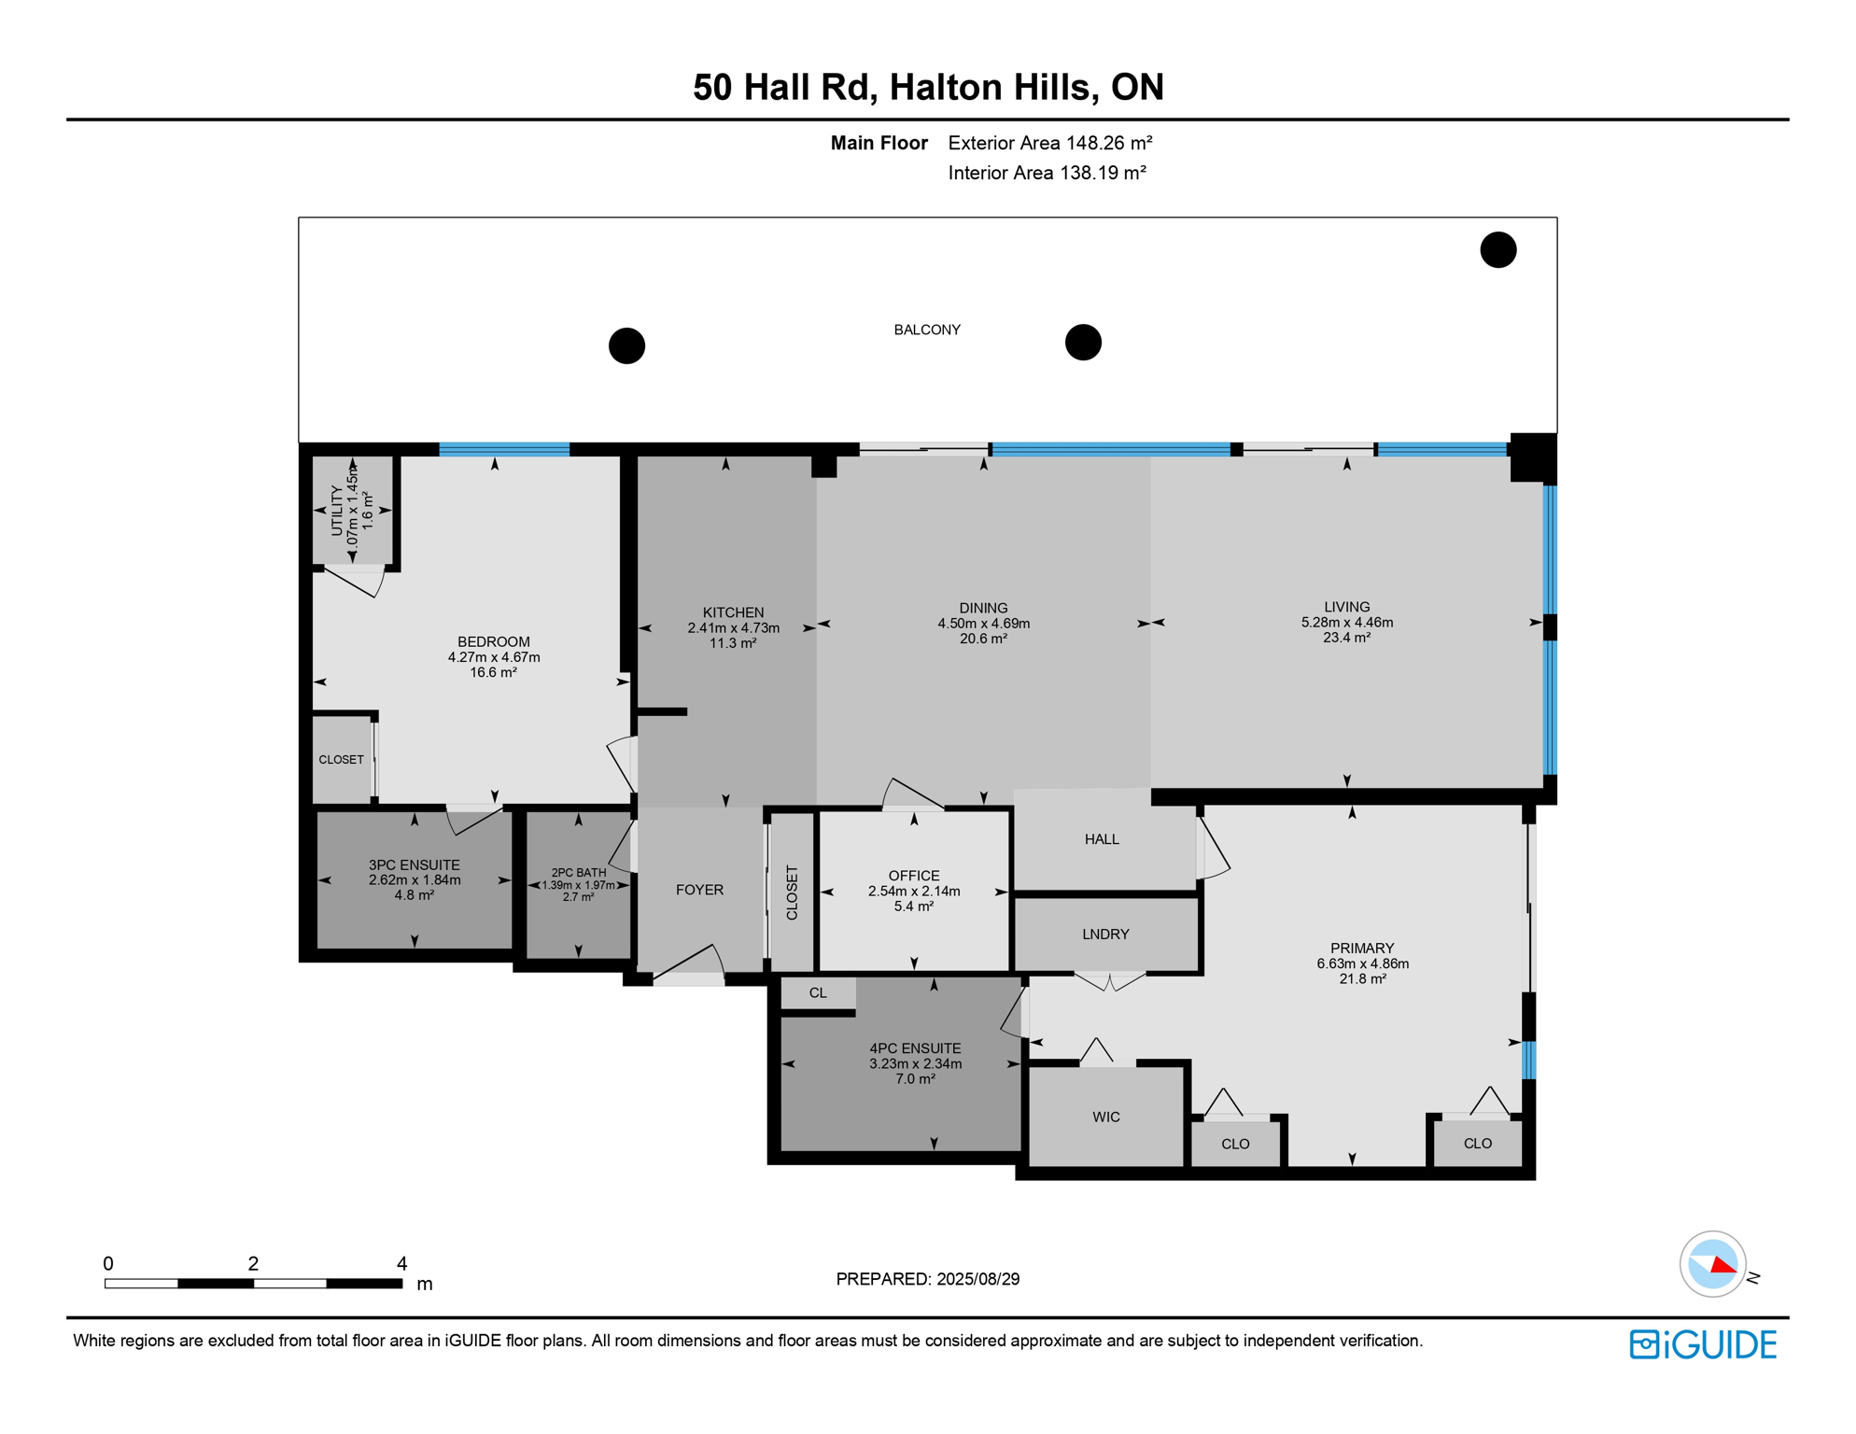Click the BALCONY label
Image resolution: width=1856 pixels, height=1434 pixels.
tap(927, 330)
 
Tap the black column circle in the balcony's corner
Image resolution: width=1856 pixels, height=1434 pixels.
tap(1498, 250)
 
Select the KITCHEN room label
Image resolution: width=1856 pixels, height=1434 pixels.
tap(733, 612)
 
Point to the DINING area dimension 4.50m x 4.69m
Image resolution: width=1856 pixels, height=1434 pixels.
tap(983, 624)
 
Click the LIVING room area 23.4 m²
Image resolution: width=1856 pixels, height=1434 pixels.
tap(1346, 638)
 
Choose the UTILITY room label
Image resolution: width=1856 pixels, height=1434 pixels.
tap(337, 511)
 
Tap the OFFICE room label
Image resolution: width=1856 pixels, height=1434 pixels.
tap(914, 876)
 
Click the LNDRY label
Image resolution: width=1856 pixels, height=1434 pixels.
tap(1105, 935)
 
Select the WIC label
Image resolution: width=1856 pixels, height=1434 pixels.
tap(1106, 1117)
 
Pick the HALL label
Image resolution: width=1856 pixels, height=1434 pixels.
tap(1102, 839)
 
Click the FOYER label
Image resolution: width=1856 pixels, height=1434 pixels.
tap(699, 890)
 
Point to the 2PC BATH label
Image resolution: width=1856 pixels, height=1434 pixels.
tap(579, 873)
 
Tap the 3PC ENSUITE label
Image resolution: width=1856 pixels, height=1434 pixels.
tap(415, 865)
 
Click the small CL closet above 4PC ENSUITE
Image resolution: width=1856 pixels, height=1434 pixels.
tap(818, 992)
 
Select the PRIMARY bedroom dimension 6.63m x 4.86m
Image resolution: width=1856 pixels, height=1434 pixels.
tap(1363, 963)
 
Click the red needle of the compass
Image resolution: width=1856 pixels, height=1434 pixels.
tap(1723, 1265)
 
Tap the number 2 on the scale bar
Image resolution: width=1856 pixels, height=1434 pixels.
tap(253, 1263)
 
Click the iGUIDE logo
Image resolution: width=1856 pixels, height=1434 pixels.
tap(1703, 1344)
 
